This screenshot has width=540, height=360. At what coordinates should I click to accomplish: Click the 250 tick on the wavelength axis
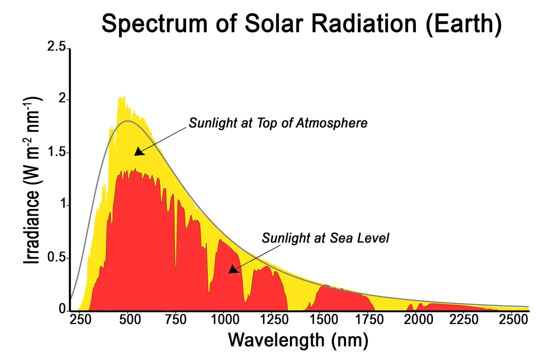click(x=80, y=320)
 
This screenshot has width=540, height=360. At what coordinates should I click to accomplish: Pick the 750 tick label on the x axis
click(x=176, y=320)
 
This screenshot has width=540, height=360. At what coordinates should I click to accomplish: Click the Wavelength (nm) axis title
click(x=298, y=340)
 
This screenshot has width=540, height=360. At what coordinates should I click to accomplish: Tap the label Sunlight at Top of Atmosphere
click(x=278, y=123)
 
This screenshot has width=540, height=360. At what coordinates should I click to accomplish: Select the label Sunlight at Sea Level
click(x=325, y=238)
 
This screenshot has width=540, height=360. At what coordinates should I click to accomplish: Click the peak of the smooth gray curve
click(x=128, y=120)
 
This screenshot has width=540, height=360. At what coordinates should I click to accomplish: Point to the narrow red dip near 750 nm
click(x=175, y=265)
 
